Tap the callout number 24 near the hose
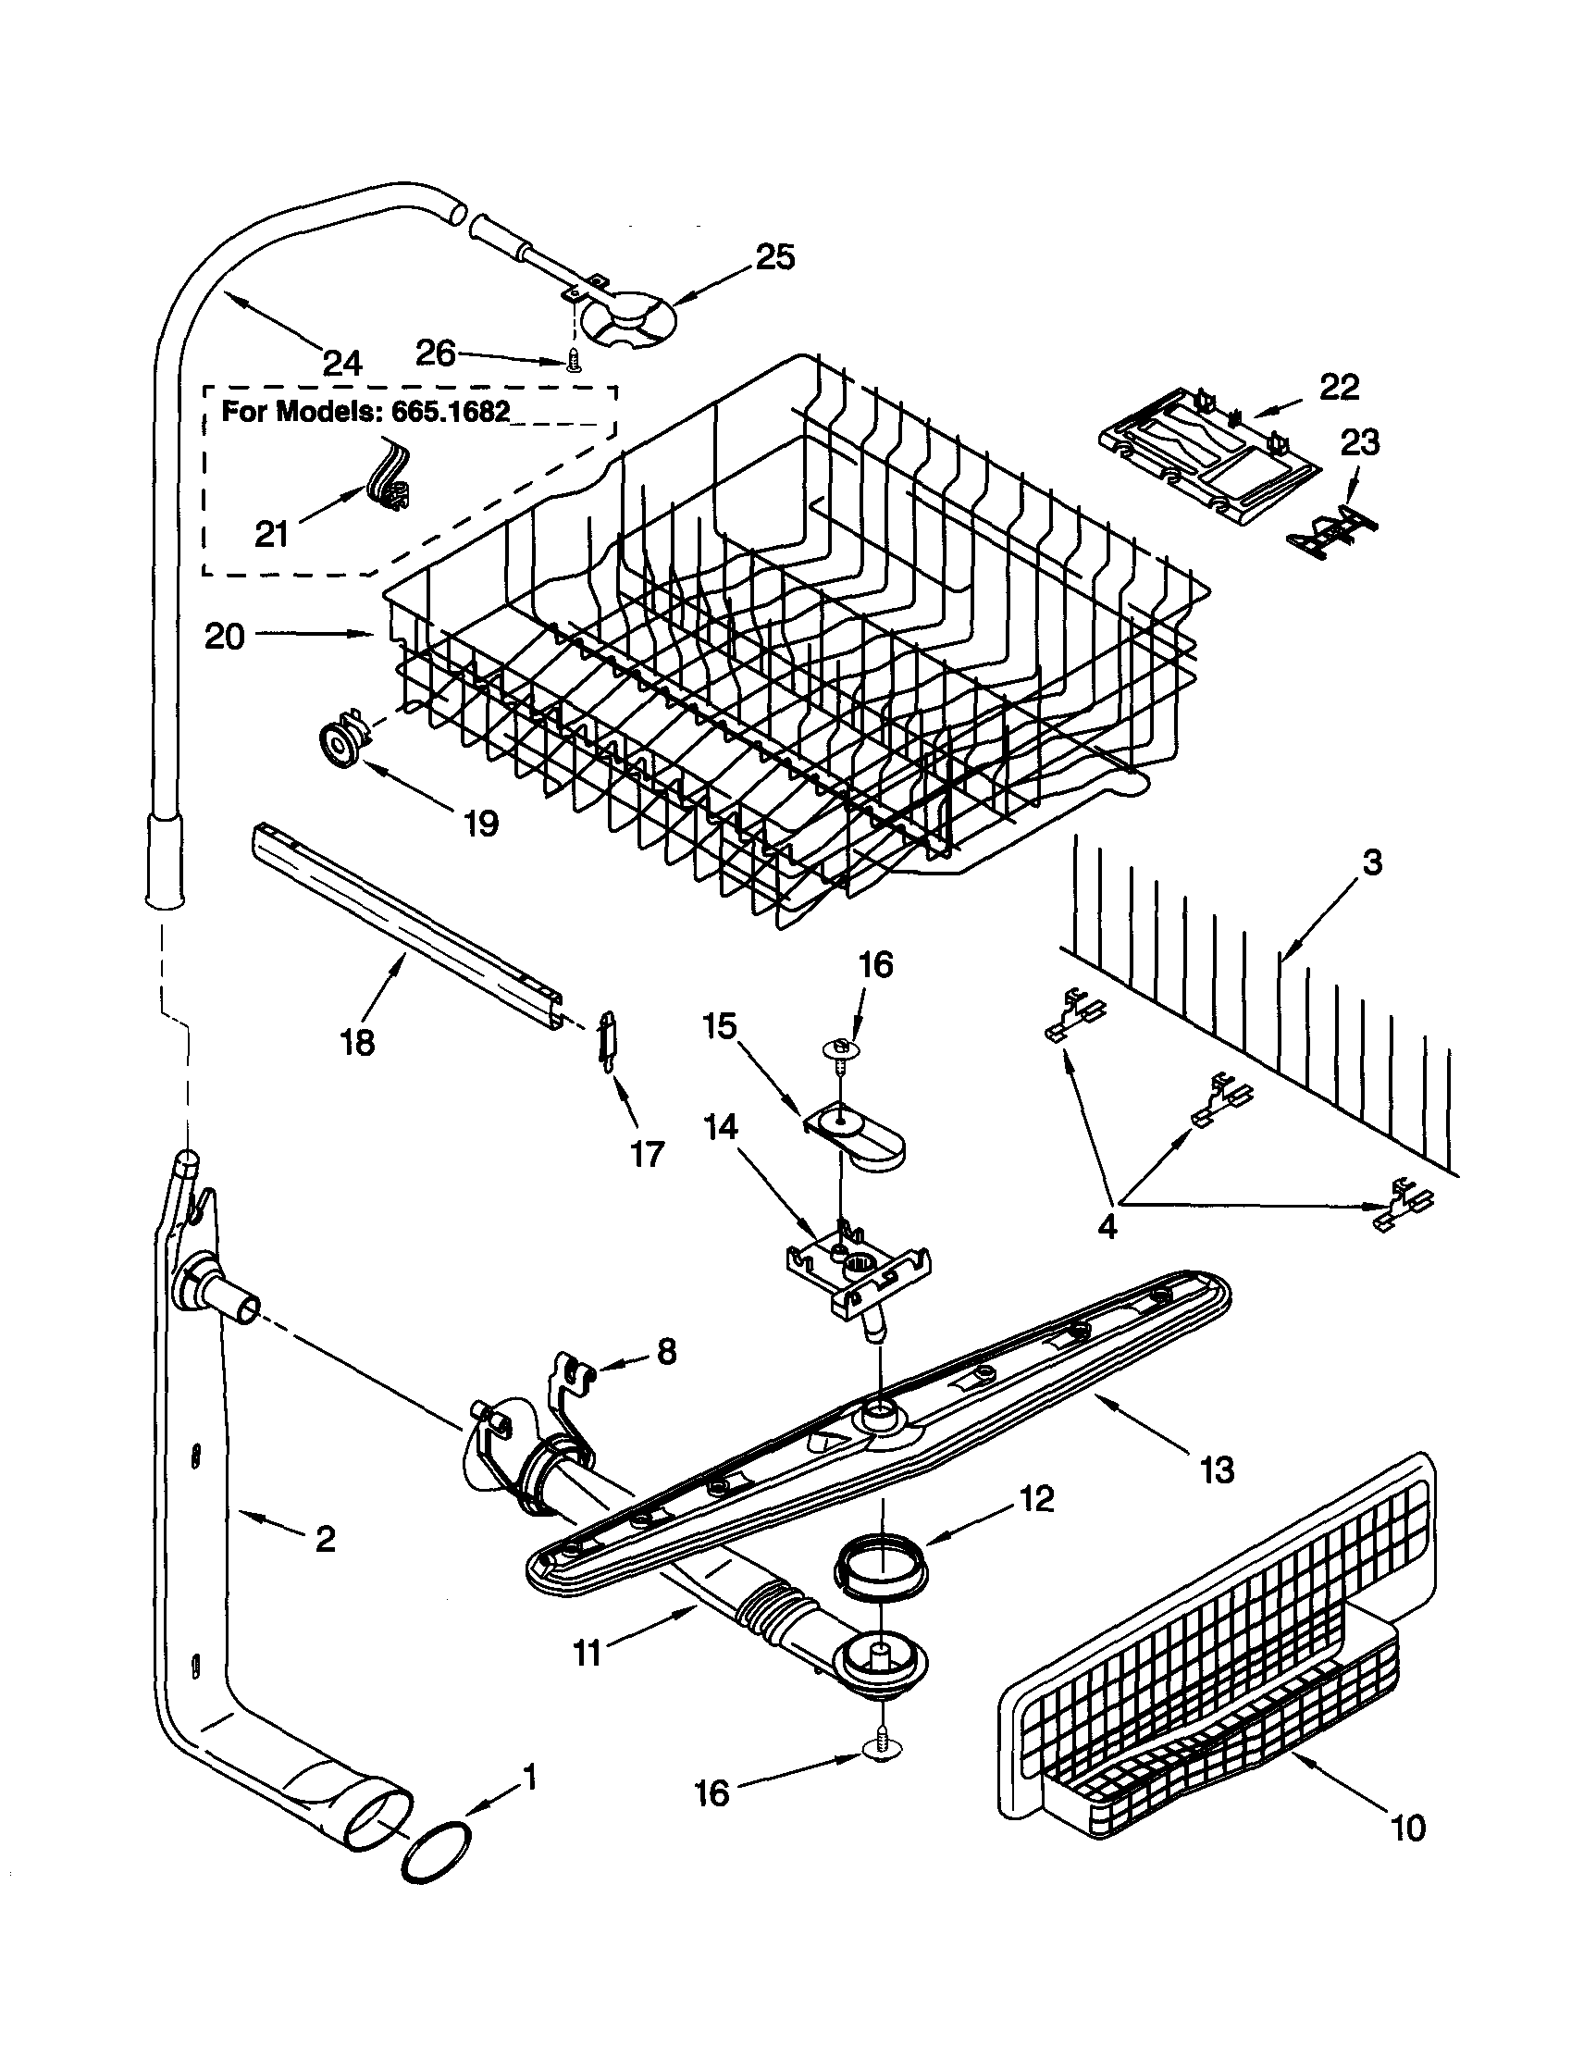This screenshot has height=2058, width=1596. pos(341,363)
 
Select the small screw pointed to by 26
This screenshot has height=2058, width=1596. pos(572,364)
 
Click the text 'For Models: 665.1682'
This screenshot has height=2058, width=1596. pos(365,412)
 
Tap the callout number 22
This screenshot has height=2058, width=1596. pos(1339,387)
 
